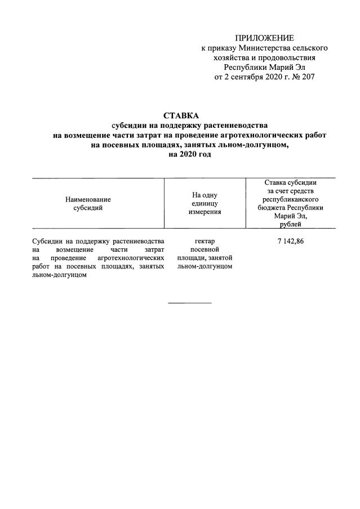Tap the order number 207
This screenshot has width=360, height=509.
306,77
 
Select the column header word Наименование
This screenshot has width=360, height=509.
88,199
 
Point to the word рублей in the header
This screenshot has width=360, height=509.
291,224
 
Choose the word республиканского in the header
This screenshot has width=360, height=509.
291,199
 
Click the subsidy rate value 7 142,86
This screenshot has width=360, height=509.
291,241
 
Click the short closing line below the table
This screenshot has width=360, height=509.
190,303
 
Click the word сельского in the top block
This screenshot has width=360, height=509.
310,48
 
